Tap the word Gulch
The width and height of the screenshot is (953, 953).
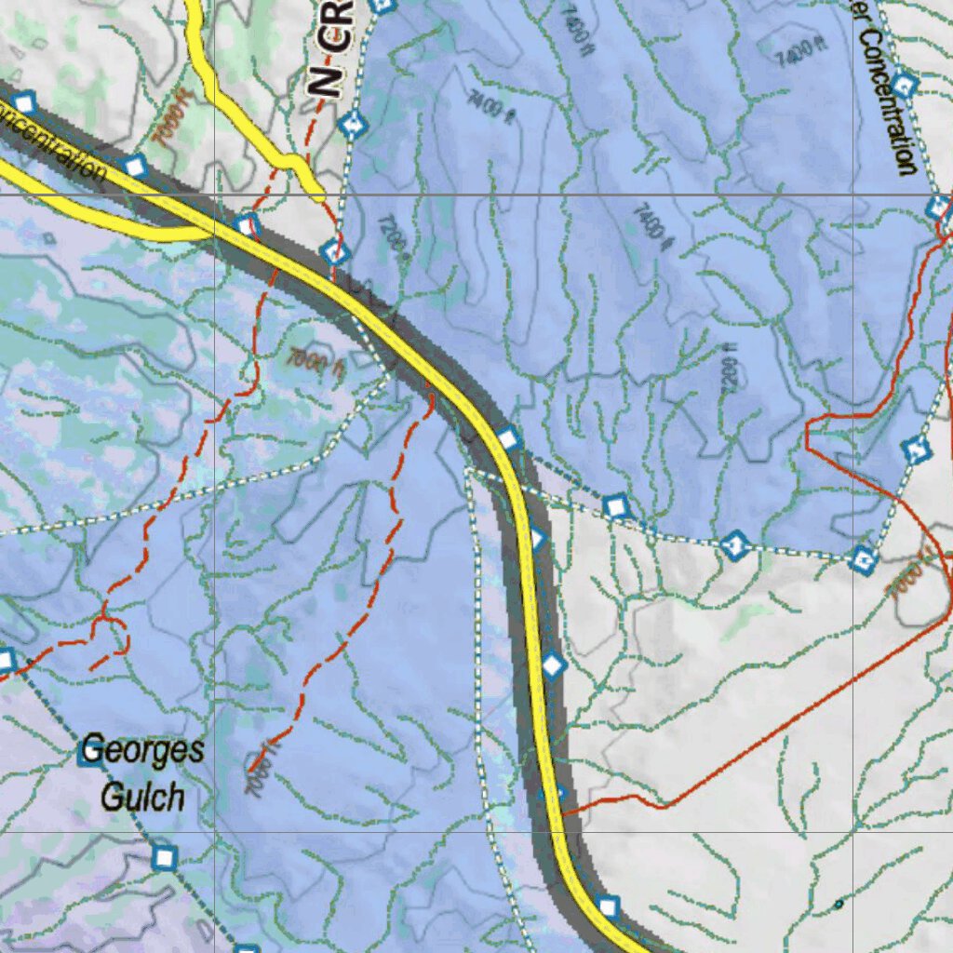(x=141, y=797)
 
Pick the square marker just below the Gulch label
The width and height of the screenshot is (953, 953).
(x=165, y=856)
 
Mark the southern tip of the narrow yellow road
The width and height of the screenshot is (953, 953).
(x=319, y=195)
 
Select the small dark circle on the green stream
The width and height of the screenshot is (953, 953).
(x=839, y=904)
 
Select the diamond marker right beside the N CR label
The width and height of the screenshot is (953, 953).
(x=351, y=124)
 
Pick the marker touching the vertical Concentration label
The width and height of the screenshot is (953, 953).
(x=905, y=85)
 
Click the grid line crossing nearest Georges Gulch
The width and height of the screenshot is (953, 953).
(x=215, y=831)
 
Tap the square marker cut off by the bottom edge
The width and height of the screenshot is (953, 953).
(x=247, y=948)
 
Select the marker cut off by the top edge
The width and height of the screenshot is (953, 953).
(x=382, y=5)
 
